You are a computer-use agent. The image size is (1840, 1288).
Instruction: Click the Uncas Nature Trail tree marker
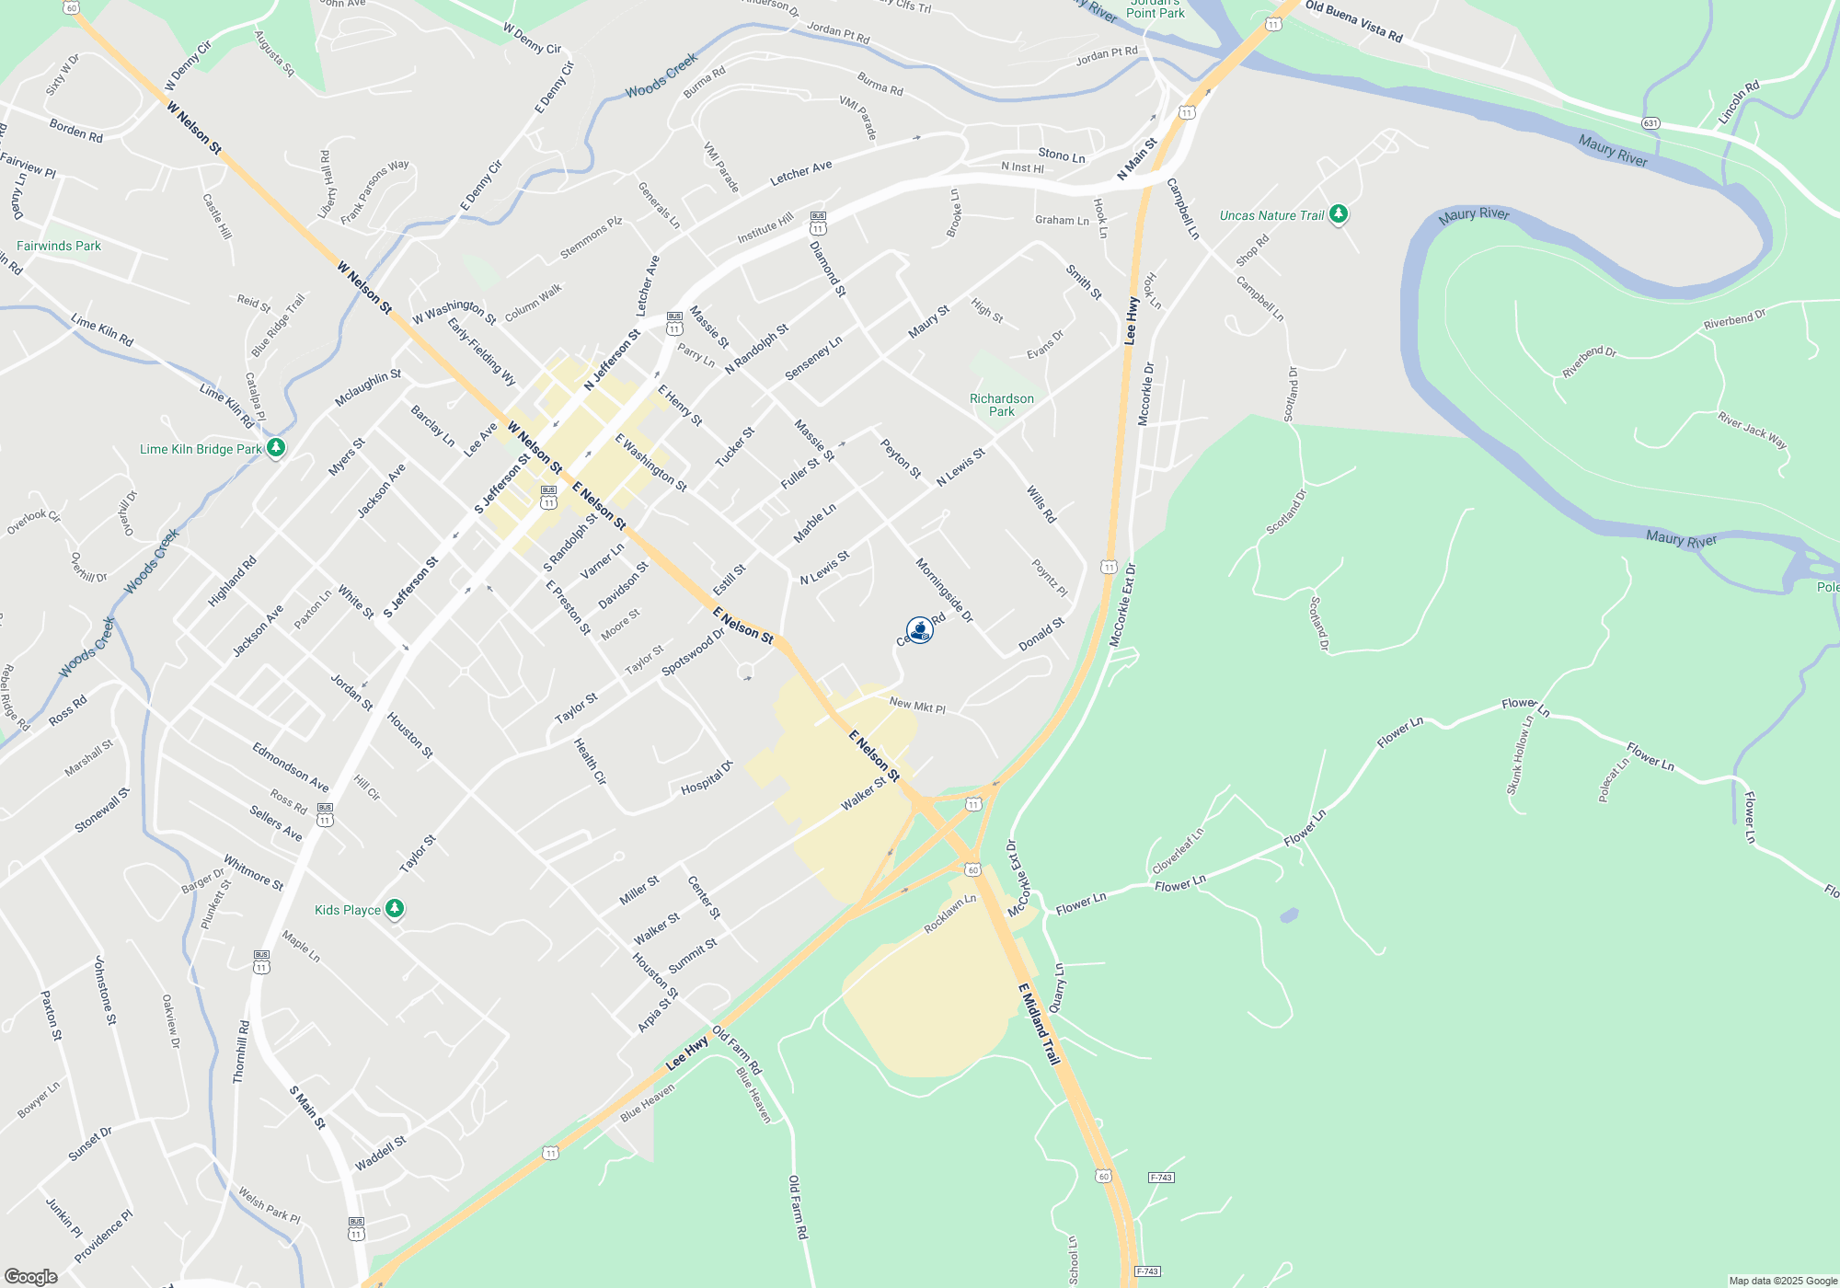coord(1339,214)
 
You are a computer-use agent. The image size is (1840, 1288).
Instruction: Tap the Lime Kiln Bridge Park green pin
coord(275,448)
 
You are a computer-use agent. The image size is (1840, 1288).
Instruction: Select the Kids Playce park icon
coord(395,909)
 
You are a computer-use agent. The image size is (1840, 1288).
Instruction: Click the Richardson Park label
coord(1001,405)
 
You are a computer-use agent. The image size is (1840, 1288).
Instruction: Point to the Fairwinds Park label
coord(59,246)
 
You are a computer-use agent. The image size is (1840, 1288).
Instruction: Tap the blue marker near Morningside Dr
coord(919,630)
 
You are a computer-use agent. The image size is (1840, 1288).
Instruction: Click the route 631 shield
coord(1650,123)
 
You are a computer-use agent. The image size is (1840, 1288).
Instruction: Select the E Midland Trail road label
coord(1040,1023)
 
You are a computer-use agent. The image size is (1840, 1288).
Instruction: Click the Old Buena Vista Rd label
coord(1353,21)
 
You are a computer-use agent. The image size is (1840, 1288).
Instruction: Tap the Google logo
coord(30,1276)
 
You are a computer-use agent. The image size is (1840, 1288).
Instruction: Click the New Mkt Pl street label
coord(917,706)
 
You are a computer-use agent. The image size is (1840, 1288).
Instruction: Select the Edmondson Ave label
coord(291,766)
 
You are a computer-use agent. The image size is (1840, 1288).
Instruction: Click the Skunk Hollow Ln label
coord(1519,755)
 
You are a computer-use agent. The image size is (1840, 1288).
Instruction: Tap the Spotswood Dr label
coord(693,652)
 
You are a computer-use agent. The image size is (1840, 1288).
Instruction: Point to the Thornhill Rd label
coord(241,1051)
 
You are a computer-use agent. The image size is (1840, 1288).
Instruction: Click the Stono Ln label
coord(1062,155)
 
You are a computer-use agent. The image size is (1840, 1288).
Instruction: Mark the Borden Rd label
coord(76,131)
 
